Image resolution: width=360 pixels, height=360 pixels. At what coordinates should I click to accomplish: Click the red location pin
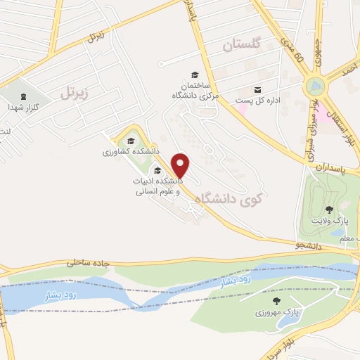(181, 165)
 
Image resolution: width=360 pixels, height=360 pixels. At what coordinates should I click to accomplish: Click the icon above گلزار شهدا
(24, 96)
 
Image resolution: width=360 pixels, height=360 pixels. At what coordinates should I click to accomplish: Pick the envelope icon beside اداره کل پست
(258, 89)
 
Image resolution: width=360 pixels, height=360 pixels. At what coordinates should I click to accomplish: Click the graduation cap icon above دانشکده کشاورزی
(131, 140)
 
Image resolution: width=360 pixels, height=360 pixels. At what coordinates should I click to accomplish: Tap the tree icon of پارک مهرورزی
(285, 300)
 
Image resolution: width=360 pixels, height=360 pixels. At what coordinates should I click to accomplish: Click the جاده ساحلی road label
(89, 262)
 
